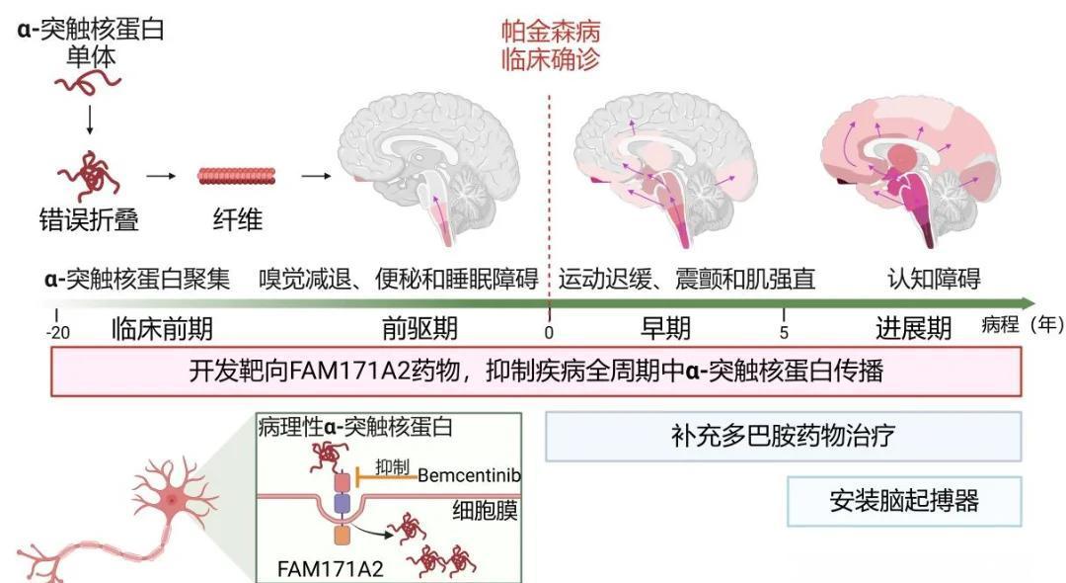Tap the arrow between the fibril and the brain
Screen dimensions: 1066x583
[x=315, y=177]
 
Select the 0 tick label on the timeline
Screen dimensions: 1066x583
[x=549, y=332]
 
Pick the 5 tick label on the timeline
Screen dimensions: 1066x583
[x=784, y=332]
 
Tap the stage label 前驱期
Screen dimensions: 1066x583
[x=419, y=328]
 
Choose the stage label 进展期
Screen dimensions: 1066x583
[x=914, y=328]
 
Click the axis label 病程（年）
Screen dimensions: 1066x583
[x=1023, y=325]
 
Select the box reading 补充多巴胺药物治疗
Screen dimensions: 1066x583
[x=783, y=437]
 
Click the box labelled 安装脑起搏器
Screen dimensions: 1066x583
[x=903, y=501]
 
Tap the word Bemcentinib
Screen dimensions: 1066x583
[x=469, y=475]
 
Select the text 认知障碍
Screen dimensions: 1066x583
[x=934, y=279]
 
